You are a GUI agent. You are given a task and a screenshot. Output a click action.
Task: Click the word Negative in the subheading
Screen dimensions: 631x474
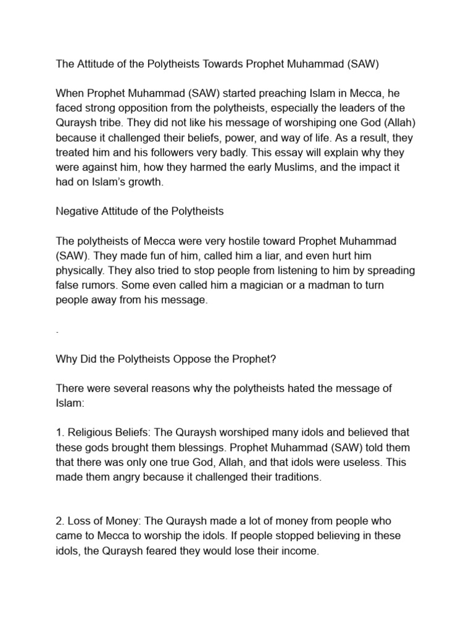76,211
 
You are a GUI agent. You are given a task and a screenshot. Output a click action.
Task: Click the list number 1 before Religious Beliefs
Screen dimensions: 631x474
59,433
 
